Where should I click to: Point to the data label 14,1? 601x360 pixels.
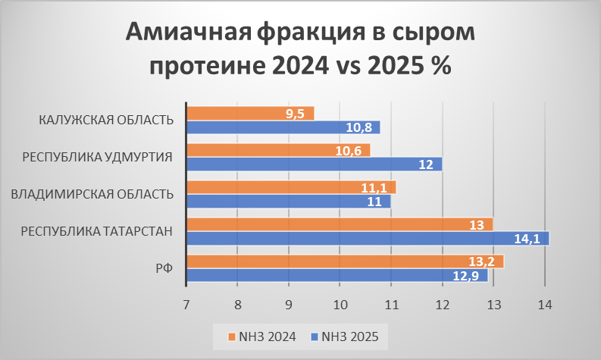527,239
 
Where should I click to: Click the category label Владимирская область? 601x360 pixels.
92,194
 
